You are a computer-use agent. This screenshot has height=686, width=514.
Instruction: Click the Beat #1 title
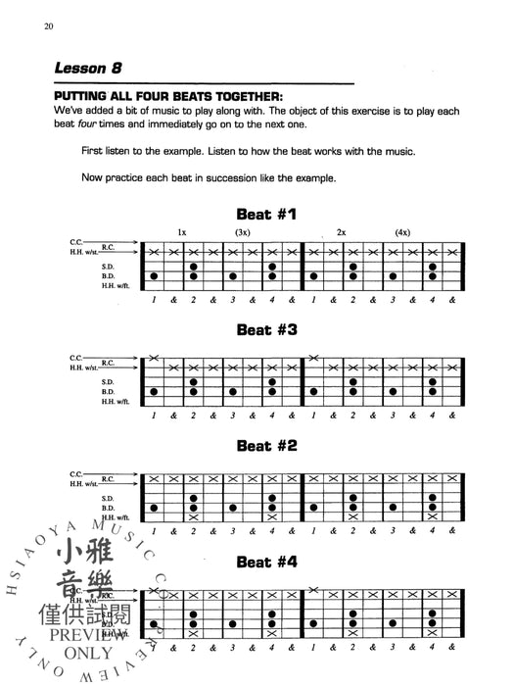point(266,214)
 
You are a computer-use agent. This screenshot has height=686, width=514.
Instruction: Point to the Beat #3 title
point(266,330)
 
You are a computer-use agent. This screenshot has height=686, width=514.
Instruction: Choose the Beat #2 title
point(266,446)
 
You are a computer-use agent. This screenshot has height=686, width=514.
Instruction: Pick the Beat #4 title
point(266,563)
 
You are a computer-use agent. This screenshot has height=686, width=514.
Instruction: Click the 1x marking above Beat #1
point(182,231)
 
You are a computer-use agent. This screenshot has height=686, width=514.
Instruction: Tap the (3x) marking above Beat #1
point(243,231)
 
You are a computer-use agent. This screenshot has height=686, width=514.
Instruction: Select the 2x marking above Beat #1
point(342,231)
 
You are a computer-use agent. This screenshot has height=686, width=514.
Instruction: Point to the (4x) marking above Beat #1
point(402,231)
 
